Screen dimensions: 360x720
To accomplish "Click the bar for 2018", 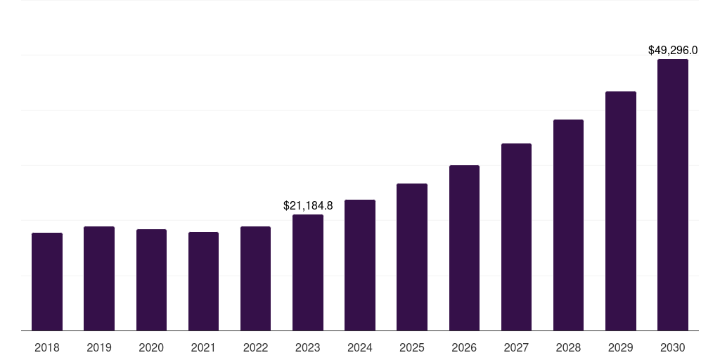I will pos(47,282).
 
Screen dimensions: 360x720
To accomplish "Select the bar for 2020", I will pos(151,280).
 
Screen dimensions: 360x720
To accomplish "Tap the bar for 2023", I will pos(308,273).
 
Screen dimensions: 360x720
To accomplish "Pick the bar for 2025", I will pos(412,257).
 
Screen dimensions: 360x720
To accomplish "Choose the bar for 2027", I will pos(516,237).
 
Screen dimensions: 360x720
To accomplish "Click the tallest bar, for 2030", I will pos(672,195).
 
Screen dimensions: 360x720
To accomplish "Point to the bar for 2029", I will pos(620,211).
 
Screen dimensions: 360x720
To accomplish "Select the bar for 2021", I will pos(203,281).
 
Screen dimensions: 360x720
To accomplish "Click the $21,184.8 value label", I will pos(308,206).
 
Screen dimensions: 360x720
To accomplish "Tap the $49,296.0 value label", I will pos(672,51).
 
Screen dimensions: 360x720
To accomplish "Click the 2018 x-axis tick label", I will pos(47,347).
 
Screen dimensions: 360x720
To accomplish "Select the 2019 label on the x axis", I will pos(99,347).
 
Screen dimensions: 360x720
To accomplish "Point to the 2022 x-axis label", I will pos(256,347).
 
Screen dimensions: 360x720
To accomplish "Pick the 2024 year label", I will pos(360,347).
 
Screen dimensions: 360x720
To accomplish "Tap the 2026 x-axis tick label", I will pos(464,347).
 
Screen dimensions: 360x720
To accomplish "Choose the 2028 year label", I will pos(568,347).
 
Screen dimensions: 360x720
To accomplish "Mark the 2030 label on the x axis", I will pos(672,347).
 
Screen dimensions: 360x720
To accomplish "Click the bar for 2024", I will pos(360,265).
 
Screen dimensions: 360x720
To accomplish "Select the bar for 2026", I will pos(464,248).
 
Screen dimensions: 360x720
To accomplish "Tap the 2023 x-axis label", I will pos(308,347).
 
